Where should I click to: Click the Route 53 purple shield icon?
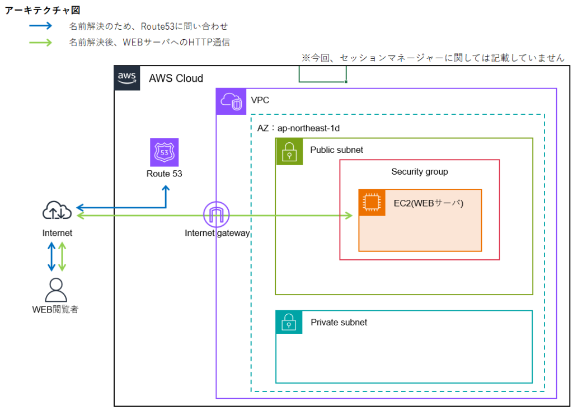click(x=164, y=152)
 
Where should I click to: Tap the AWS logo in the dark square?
click(x=127, y=78)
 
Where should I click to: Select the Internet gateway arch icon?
click(x=217, y=214)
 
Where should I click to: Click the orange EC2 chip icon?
click(x=372, y=203)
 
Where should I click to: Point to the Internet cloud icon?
click(x=57, y=212)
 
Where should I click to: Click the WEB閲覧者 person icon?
click(x=55, y=290)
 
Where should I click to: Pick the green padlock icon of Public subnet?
click(x=289, y=151)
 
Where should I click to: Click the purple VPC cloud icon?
click(x=230, y=101)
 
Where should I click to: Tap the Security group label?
click(x=419, y=171)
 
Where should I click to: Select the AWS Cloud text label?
click(x=176, y=78)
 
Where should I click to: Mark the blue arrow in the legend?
click(x=40, y=26)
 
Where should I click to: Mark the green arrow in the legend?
click(x=40, y=42)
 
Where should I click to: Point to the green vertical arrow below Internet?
click(x=63, y=257)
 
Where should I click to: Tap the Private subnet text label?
click(x=339, y=322)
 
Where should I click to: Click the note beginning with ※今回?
click(x=433, y=58)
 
